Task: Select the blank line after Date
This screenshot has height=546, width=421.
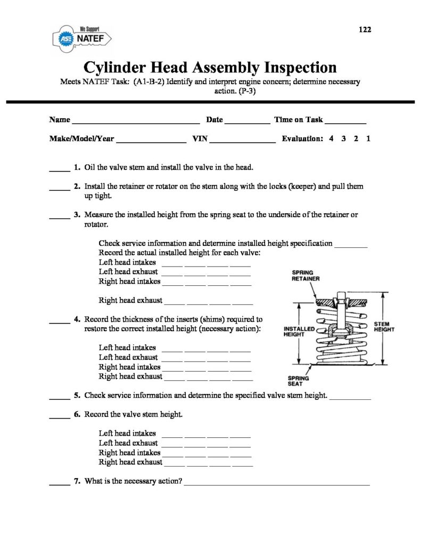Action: [247, 122]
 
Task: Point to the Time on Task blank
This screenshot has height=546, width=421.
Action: [345, 122]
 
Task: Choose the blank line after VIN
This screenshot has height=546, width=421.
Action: [243, 141]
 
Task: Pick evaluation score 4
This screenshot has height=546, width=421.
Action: [331, 139]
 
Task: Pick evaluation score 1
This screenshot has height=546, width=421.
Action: [368, 139]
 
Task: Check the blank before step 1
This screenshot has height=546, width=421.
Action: [60, 170]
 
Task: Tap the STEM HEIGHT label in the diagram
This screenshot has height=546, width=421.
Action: [384, 326]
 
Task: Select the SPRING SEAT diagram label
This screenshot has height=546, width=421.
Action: [295, 381]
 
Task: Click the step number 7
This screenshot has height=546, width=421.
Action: [77, 481]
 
